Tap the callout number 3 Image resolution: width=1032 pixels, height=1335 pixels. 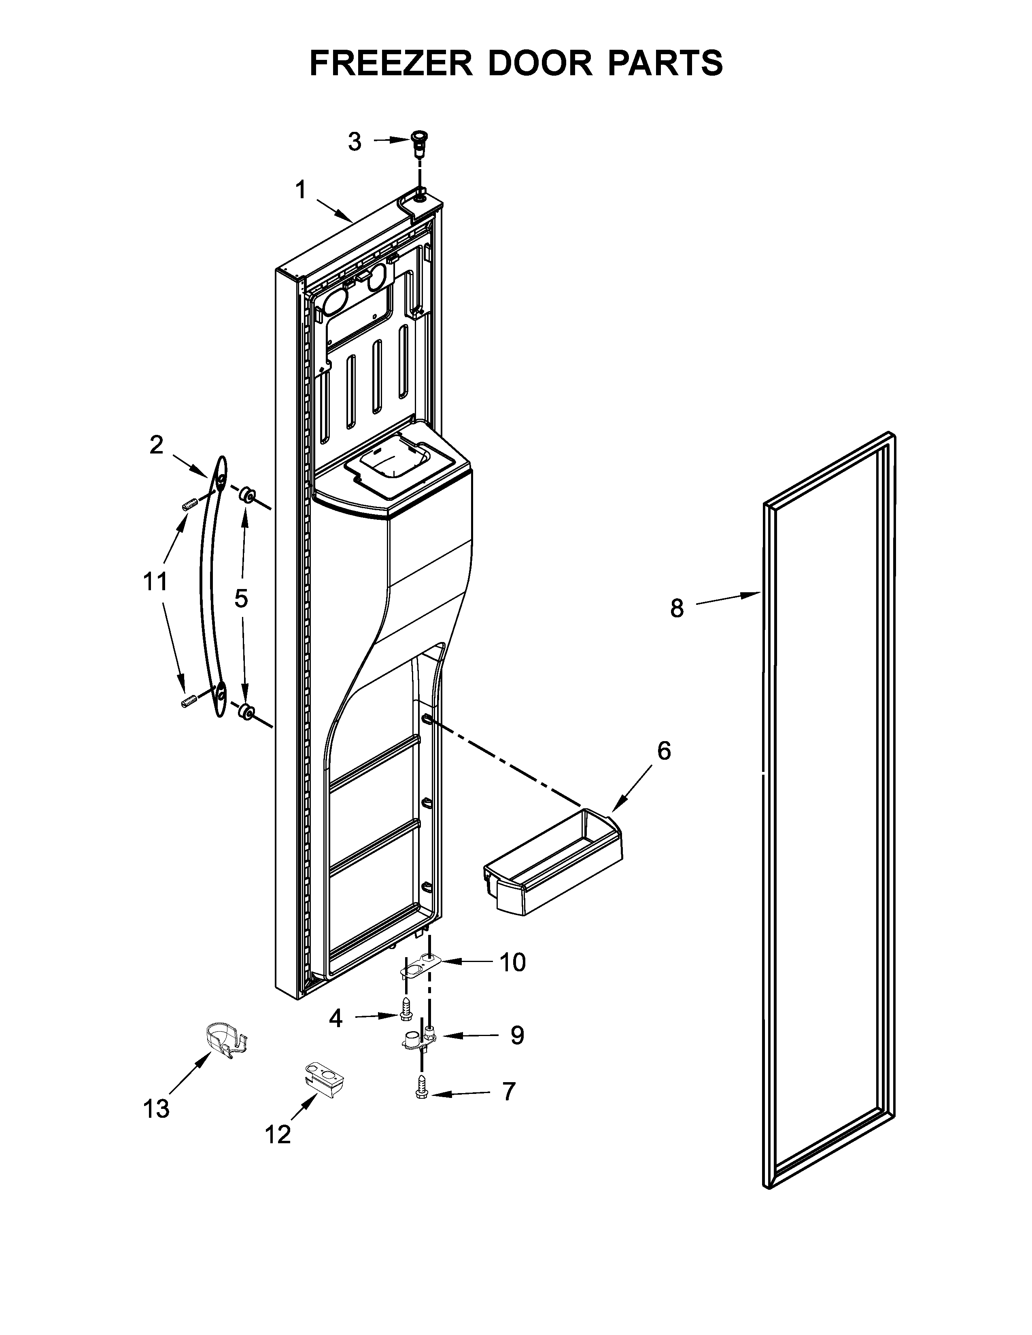(x=355, y=142)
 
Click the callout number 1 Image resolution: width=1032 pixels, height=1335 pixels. (x=300, y=190)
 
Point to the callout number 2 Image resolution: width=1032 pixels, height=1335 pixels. (x=157, y=445)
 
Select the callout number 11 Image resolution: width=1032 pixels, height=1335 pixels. (x=155, y=581)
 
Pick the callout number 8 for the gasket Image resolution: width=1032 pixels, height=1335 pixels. (x=677, y=608)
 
